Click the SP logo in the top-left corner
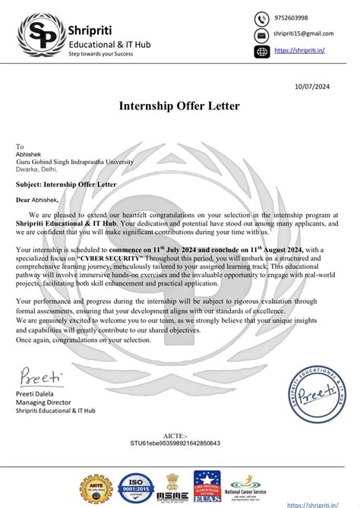(x=39, y=36)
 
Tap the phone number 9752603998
(x=291, y=18)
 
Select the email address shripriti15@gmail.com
(x=303, y=35)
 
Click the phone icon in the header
(x=261, y=18)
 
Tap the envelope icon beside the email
(x=261, y=35)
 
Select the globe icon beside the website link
(x=261, y=51)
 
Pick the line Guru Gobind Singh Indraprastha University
(x=74, y=162)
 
